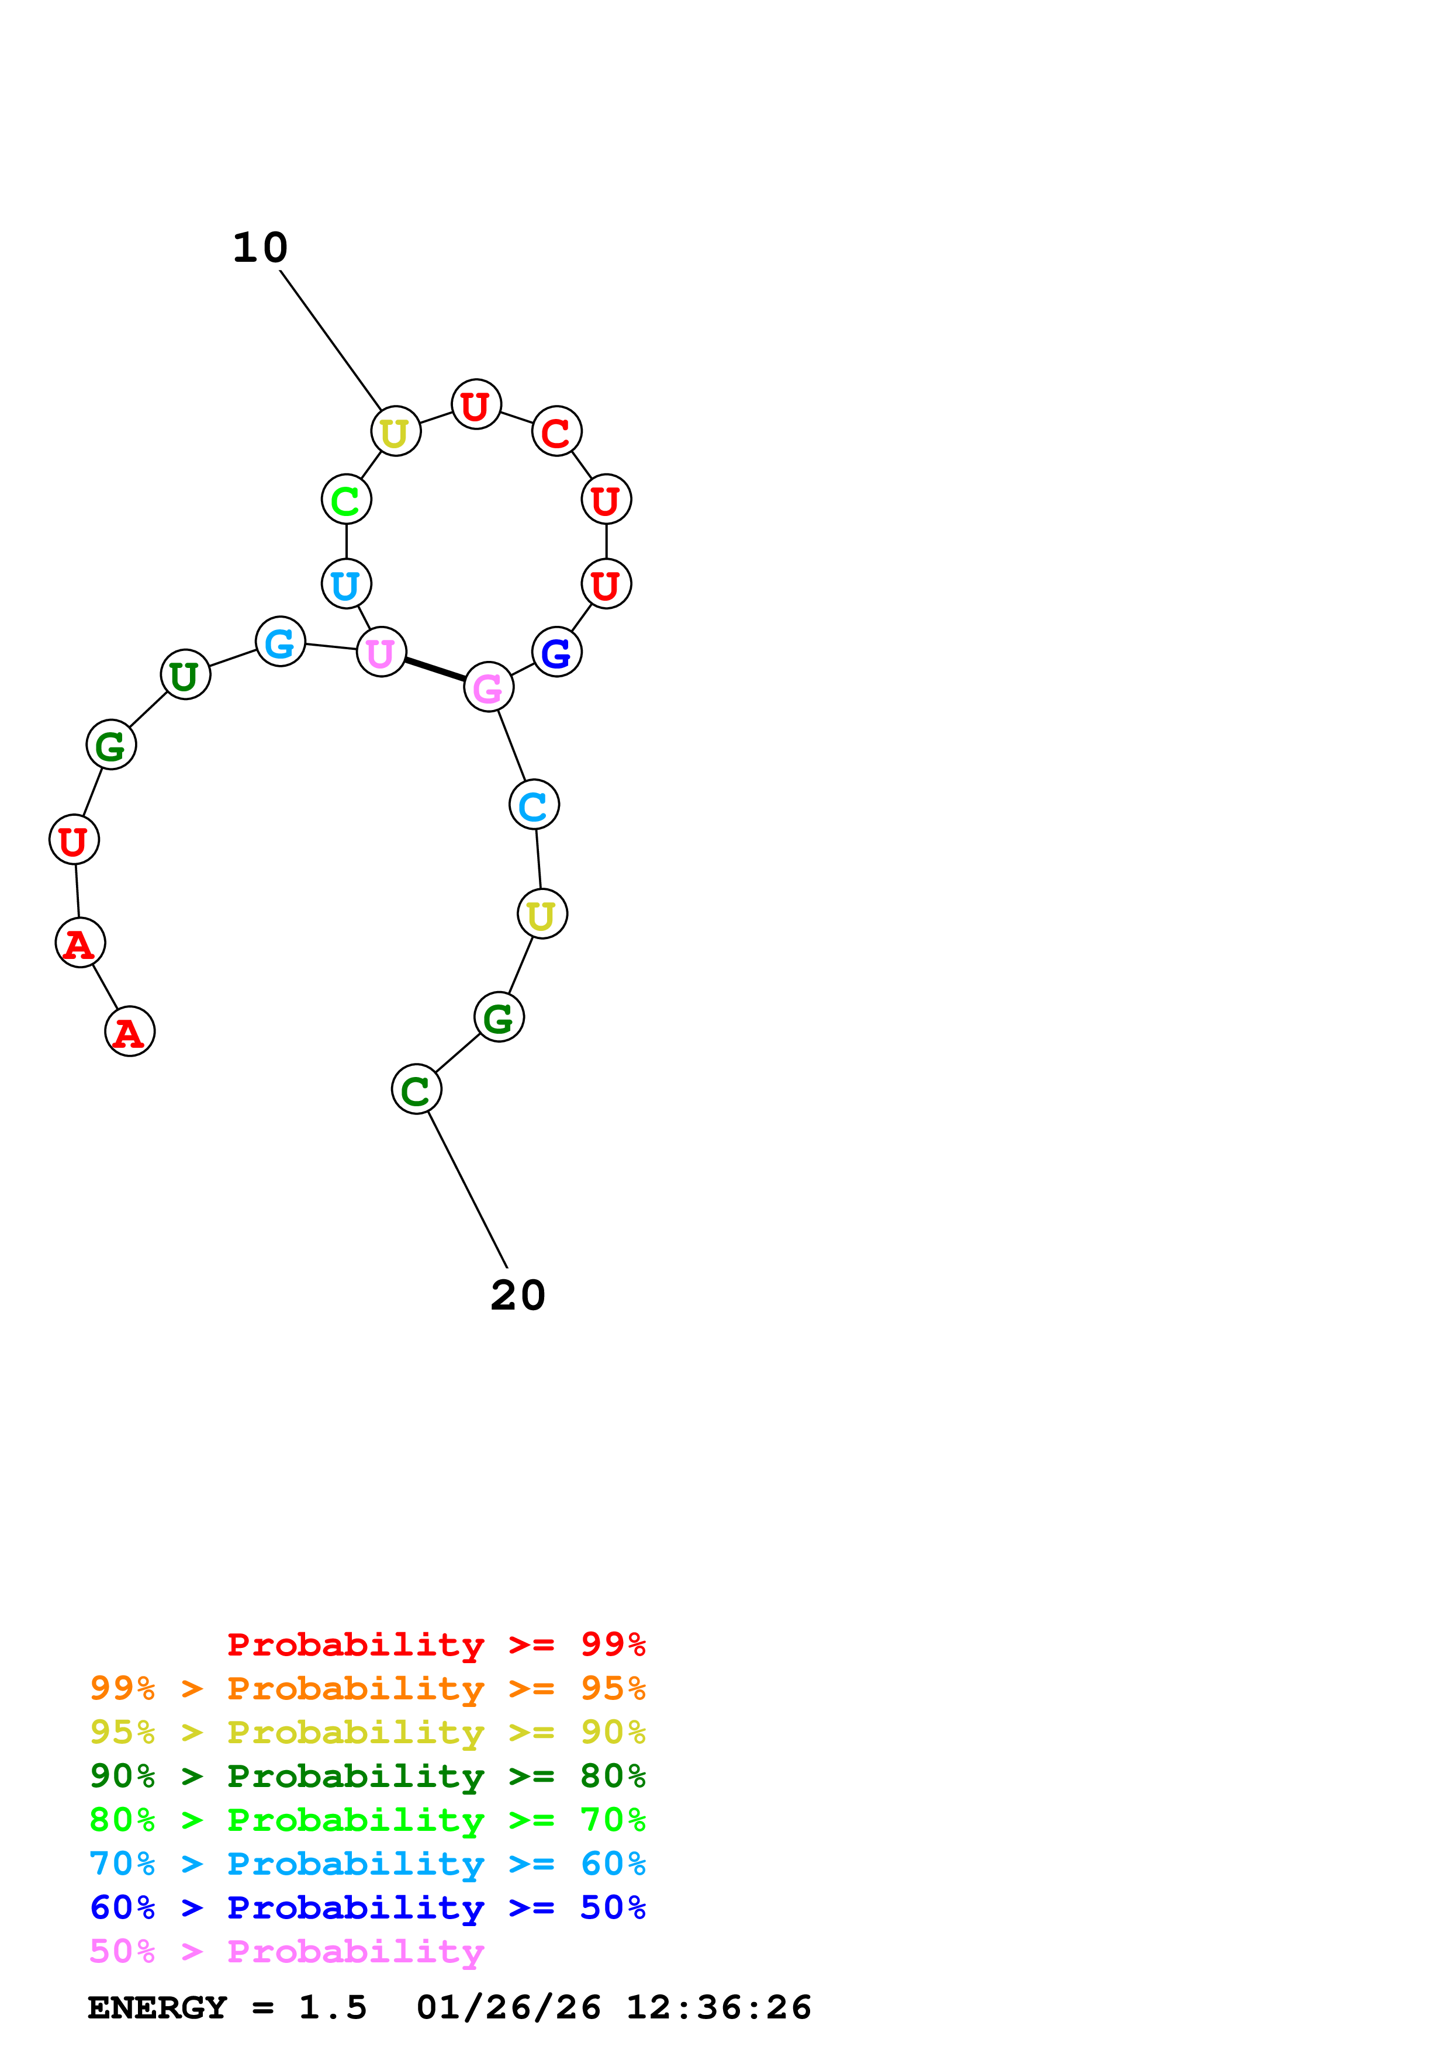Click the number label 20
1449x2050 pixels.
tap(518, 1296)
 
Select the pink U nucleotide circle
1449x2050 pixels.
tap(381, 652)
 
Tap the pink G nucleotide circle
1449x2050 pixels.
tap(488, 687)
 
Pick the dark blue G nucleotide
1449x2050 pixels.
tap(556, 652)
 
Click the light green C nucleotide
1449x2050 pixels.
tap(347, 500)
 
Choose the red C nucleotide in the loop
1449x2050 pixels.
tap(556, 432)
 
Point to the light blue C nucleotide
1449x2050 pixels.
tap(534, 805)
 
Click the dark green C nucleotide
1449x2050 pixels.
tap(416, 1089)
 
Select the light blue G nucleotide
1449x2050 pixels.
tap(281, 642)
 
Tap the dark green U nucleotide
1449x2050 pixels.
tap(185, 675)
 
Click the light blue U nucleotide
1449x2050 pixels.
tap(347, 584)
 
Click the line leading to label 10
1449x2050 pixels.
tap(330, 340)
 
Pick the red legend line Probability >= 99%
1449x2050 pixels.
tap(435, 1644)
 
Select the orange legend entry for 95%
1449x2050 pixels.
tap(367, 1688)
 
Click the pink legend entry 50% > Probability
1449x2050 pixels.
tap(286, 1952)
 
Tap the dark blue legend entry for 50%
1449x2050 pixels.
tap(367, 1908)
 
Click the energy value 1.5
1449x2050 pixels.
tap(332, 2008)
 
